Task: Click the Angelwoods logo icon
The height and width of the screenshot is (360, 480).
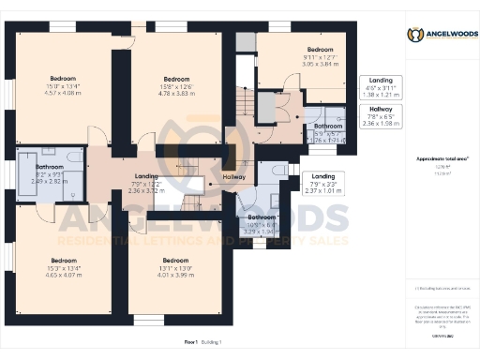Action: pyautogui.click(x=413, y=35)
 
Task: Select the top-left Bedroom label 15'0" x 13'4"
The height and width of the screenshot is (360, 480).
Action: pyautogui.click(x=64, y=83)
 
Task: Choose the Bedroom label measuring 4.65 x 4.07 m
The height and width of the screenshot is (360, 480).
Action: pyautogui.click(x=63, y=265)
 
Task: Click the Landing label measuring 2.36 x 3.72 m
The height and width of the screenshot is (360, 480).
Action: pyautogui.click(x=146, y=182)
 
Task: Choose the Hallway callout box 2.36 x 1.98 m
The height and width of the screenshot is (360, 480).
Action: pyautogui.click(x=381, y=115)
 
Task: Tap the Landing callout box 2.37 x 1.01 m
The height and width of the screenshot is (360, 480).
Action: pyautogui.click(x=323, y=182)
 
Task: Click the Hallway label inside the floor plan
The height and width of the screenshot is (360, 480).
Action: pyautogui.click(x=233, y=176)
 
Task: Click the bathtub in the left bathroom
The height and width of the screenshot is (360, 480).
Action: pyautogui.click(x=26, y=175)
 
